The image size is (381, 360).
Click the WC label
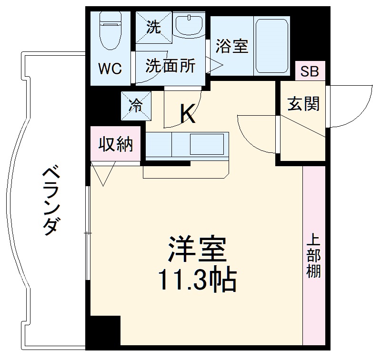click(110, 68)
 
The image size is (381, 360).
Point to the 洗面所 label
click(170, 66)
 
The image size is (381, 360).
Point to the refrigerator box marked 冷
click(136, 106)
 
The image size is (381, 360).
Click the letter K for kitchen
click(188, 114)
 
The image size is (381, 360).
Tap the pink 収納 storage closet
click(116, 144)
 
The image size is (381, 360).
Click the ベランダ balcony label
click(49, 200)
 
